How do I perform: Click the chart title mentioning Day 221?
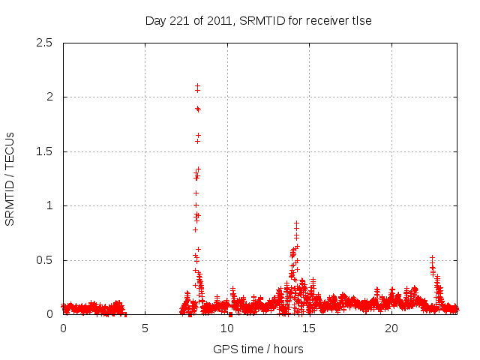(x=258, y=21)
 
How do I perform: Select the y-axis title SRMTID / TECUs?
(x=10, y=178)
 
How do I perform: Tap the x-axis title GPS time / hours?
(x=258, y=349)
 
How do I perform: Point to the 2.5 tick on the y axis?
(x=44, y=43)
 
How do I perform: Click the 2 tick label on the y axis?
(x=49, y=97)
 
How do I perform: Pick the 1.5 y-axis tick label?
(x=44, y=151)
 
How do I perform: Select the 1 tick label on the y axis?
(x=49, y=205)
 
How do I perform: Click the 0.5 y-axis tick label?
(x=44, y=260)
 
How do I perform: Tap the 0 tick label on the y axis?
(x=49, y=314)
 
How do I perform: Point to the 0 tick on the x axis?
(x=63, y=328)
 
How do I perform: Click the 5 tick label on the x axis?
(x=145, y=328)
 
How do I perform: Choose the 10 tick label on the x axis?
(x=227, y=328)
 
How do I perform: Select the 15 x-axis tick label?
(x=309, y=328)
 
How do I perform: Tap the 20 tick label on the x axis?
(x=391, y=328)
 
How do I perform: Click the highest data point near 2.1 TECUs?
(x=197, y=86)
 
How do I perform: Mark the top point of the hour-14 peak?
(x=296, y=223)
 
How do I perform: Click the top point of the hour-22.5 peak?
(x=432, y=257)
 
